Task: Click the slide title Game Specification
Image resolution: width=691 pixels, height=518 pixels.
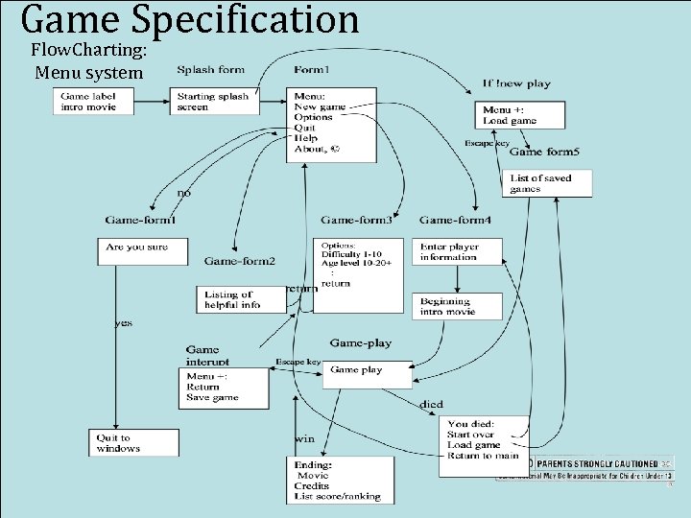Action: point(189,20)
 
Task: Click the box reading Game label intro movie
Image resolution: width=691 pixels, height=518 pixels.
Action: point(93,101)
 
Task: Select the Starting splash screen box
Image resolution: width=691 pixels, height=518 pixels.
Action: point(217,101)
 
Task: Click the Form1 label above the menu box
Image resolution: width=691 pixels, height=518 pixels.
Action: point(312,69)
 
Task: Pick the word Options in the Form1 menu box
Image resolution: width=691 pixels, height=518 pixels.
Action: point(315,117)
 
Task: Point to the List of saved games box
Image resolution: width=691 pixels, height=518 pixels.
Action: point(547,183)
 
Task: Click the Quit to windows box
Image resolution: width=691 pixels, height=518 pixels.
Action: point(133,442)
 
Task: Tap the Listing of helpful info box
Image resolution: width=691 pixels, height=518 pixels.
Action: point(240,299)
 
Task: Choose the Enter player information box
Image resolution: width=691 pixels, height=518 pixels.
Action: point(455,251)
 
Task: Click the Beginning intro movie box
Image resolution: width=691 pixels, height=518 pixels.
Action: point(455,306)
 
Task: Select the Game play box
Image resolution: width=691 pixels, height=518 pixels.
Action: point(367,373)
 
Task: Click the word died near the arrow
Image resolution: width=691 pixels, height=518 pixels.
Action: point(431,405)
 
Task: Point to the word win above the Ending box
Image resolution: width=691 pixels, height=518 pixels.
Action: point(305,439)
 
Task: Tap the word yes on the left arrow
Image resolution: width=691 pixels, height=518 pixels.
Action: point(123,323)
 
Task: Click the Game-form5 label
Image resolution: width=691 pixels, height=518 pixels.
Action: point(544,152)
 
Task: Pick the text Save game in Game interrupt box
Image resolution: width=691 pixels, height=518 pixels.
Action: point(213,397)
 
